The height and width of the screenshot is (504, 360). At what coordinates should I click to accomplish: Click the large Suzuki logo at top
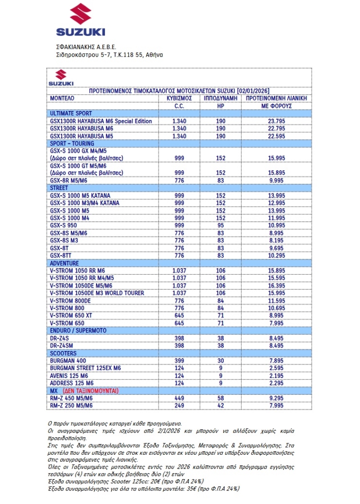[x=81, y=20]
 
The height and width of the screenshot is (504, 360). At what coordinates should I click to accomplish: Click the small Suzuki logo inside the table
[x=61, y=77]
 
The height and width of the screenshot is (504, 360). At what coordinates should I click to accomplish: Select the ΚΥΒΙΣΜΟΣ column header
[x=179, y=98]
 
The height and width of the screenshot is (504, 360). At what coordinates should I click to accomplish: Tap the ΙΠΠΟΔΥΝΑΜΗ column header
[x=221, y=98]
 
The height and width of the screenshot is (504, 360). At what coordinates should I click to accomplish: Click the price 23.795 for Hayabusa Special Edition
[x=276, y=121]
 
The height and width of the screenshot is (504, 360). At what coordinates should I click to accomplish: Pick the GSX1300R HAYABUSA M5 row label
[x=81, y=136]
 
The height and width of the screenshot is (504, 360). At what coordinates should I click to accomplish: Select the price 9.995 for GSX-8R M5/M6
[x=276, y=181]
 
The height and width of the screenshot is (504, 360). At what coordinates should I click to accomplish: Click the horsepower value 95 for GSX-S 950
[x=221, y=225]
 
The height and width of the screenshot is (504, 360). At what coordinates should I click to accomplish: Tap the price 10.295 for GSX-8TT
[x=276, y=255]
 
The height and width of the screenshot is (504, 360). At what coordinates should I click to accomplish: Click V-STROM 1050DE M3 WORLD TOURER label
[x=97, y=293]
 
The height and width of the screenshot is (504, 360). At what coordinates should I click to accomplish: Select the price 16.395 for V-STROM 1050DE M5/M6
[x=276, y=286]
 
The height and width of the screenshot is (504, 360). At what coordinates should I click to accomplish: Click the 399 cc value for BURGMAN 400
[x=179, y=360]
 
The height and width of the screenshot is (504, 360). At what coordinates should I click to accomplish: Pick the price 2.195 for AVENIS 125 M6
[x=276, y=375]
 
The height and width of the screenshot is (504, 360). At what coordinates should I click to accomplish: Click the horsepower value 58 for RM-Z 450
[x=221, y=398]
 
